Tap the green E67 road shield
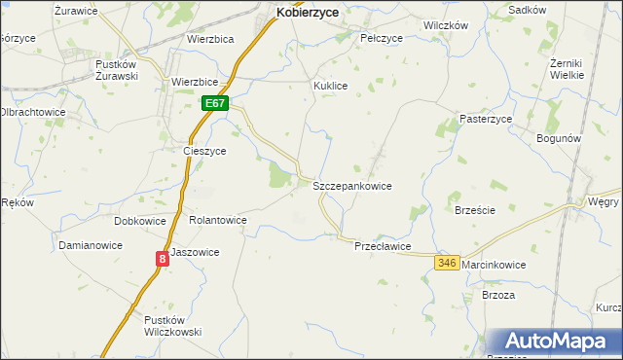point(215,103)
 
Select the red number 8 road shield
point(162,258)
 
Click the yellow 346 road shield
point(447,264)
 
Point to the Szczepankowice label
point(351,185)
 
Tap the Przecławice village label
point(383,246)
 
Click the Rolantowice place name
point(218,221)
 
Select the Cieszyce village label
point(204,152)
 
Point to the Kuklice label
point(330,86)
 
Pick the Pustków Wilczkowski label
point(172,326)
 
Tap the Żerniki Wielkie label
point(567,68)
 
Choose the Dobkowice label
point(140,221)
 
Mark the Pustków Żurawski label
point(116,70)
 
